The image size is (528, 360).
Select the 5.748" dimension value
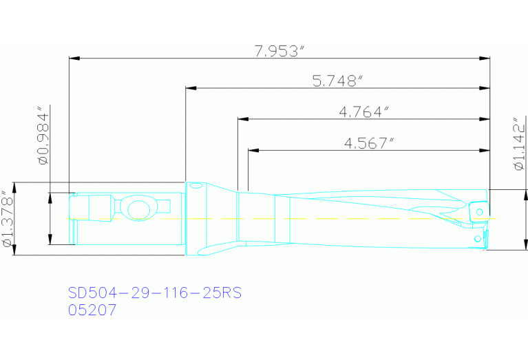point(337,81)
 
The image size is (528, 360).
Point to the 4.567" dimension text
point(370,142)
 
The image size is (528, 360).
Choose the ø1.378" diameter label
point(7,220)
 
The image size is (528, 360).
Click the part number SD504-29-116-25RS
point(155,293)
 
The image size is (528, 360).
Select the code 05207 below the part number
point(92,310)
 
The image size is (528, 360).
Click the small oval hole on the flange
point(196,185)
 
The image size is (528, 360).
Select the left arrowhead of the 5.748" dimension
point(191,89)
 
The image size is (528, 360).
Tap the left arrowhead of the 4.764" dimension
point(242,118)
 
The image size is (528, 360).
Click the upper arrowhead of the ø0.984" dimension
point(50,197)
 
